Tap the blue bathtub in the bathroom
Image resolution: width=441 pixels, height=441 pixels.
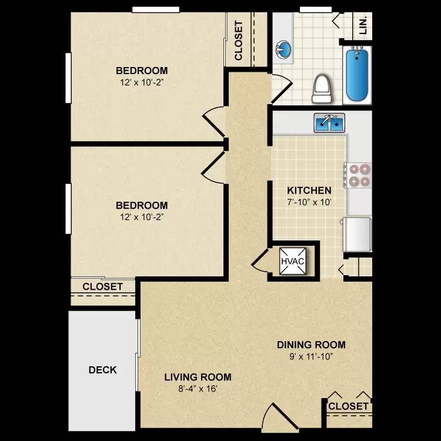[x=358, y=75]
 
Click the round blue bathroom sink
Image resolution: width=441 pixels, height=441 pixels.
[x=283, y=49]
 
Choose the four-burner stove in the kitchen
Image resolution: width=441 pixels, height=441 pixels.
[x=358, y=174]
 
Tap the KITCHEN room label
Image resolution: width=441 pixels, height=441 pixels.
[x=309, y=191]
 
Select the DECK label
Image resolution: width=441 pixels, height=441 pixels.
[x=102, y=370]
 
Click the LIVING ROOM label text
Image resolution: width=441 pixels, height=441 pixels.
[x=198, y=377]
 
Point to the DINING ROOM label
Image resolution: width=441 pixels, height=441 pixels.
[x=311, y=345]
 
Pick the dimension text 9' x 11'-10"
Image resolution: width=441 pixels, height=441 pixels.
[x=311, y=356]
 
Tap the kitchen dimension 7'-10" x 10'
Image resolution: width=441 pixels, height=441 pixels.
[x=309, y=202]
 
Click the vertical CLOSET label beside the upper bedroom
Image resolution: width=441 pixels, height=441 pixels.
[x=239, y=41]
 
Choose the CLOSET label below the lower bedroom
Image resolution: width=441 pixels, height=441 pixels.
[x=102, y=287]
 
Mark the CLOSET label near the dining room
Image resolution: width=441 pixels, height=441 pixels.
[x=348, y=406]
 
